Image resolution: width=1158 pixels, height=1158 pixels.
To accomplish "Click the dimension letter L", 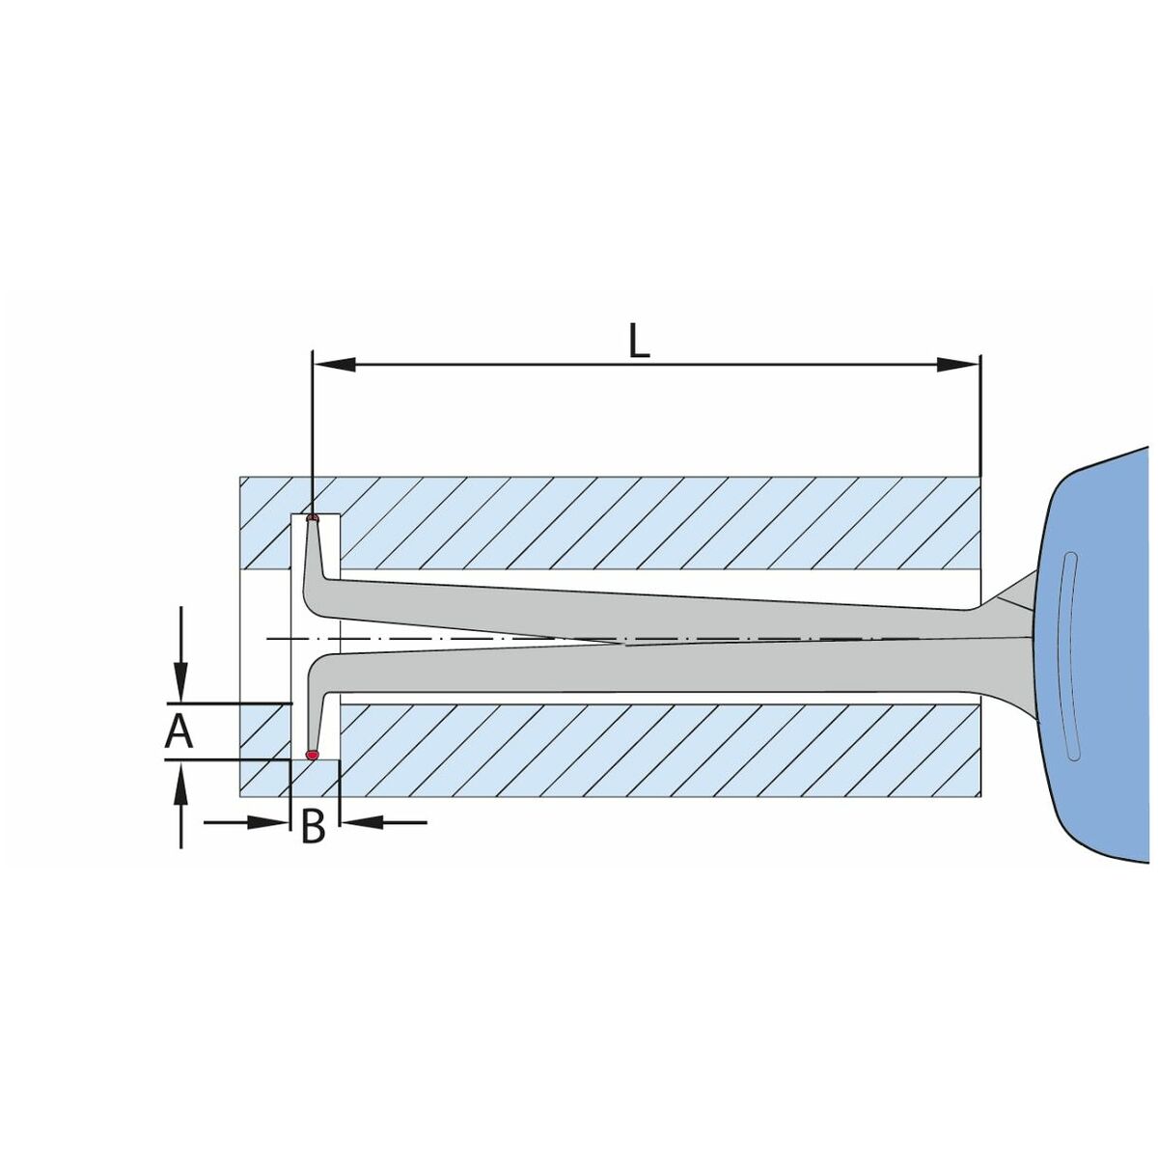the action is click(640, 341).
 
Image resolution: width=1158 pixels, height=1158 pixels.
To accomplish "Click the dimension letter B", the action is click(313, 825).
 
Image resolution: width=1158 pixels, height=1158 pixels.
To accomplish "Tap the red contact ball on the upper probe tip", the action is click(312, 517).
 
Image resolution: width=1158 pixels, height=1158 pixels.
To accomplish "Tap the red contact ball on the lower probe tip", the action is click(312, 755).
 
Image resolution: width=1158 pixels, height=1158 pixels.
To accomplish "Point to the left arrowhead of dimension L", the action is click(335, 364).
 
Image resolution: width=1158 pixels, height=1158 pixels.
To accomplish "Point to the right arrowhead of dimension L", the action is click(958, 364).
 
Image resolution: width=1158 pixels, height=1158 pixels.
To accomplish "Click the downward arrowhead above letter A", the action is click(180, 681).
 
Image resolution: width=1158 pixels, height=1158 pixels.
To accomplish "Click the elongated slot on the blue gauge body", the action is click(1070, 656).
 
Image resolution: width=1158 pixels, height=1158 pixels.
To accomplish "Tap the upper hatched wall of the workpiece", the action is click(610, 523).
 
